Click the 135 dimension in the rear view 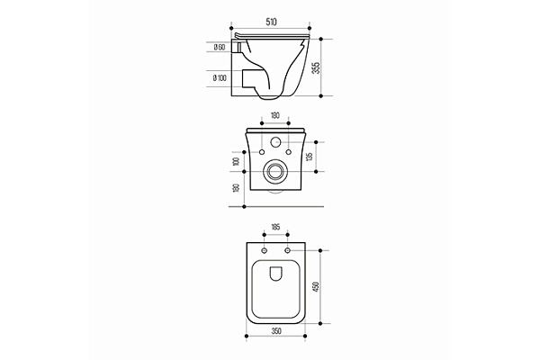click(x=310, y=155)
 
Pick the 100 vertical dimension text click(x=237, y=160)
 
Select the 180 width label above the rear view click(x=274, y=116)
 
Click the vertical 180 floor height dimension click(x=237, y=188)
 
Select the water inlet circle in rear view click(x=274, y=142)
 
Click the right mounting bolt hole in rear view click(x=288, y=151)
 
